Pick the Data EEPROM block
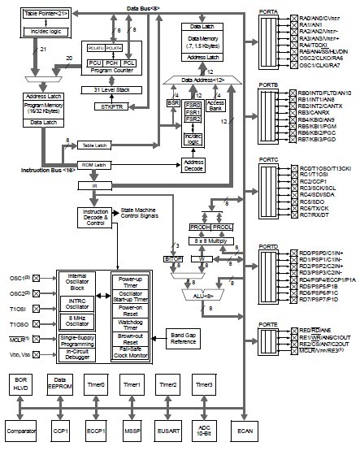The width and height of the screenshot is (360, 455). tap(58, 383)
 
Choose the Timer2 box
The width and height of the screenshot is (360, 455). tap(168, 383)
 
